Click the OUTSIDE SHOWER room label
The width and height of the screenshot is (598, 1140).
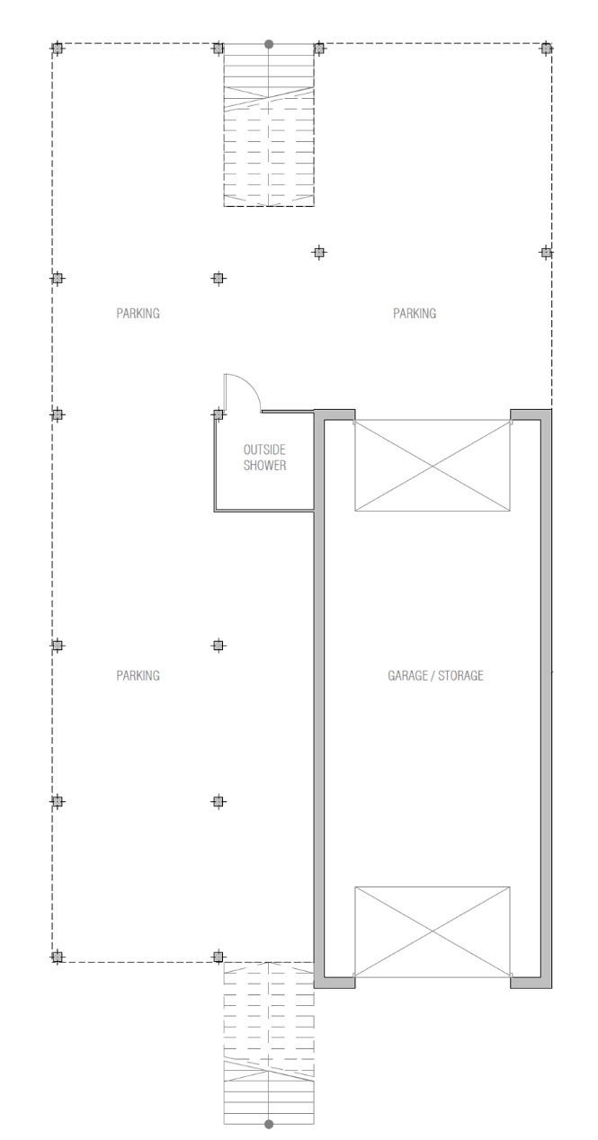point(264,457)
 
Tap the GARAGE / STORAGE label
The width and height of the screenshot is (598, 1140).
point(435,675)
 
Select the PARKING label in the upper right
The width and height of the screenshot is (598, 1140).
point(415,313)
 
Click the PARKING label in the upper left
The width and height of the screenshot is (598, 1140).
point(138,313)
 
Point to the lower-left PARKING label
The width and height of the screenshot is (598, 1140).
point(138,675)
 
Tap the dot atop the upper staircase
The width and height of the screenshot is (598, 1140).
point(269,44)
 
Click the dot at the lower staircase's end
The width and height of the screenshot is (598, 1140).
point(269,1124)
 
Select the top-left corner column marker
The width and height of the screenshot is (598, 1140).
point(57,49)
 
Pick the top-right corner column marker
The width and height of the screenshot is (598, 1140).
point(546,49)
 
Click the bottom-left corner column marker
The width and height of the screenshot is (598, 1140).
point(57,957)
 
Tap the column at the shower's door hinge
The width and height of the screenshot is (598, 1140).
point(219,414)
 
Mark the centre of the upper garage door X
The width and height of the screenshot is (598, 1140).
point(432,465)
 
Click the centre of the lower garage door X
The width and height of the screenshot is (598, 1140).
point(432,931)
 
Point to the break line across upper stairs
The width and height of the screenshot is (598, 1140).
point(269,98)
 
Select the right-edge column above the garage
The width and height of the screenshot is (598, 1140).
point(546,252)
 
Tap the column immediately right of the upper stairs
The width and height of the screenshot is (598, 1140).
point(319,49)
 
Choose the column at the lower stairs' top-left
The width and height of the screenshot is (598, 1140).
point(219,957)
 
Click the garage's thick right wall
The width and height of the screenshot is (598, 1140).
point(546,699)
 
